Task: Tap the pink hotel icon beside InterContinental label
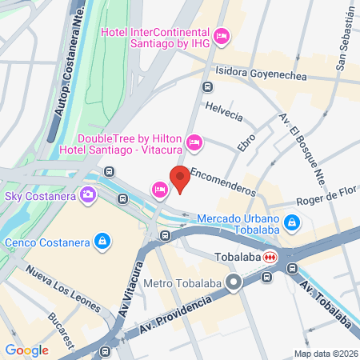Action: pyautogui.click(x=222, y=34)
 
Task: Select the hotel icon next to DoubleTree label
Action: pyautogui.click(x=193, y=143)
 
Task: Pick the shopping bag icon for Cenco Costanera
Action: pyautogui.click(x=102, y=239)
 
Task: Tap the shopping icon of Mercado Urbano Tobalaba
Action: pyautogui.click(x=293, y=222)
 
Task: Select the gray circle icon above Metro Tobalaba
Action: pyautogui.click(x=234, y=282)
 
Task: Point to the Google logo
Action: pyautogui.click(x=26, y=350)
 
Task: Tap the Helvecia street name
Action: pyautogui.click(x=223, y=110)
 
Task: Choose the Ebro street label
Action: pyautogui.click(x=246, y=142)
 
